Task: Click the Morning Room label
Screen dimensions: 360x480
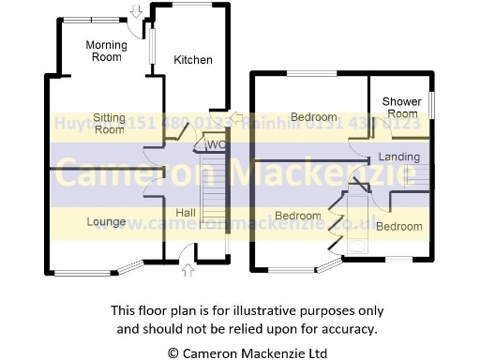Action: pyautogui.click(x=104, y=51)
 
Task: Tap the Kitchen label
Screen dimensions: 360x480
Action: pyautogui.click(x=193, y=60)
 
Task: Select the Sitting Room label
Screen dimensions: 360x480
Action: pyautogui.click(x=109, y=123)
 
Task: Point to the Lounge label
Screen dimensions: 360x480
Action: pyautogui.click(x=106, y=222)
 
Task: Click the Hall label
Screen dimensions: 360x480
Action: pyautogui.click(x=186, y=214)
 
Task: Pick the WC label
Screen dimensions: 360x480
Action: pyautogui.click(x=215, y=144)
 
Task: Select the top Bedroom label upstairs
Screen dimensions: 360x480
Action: pyautogui.click(x=313, y=117)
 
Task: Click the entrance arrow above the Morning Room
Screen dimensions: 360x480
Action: pyautogui.click(x=137, y=11)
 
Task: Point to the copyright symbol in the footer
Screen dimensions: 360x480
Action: pyautogui.click(x=172, y=353)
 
